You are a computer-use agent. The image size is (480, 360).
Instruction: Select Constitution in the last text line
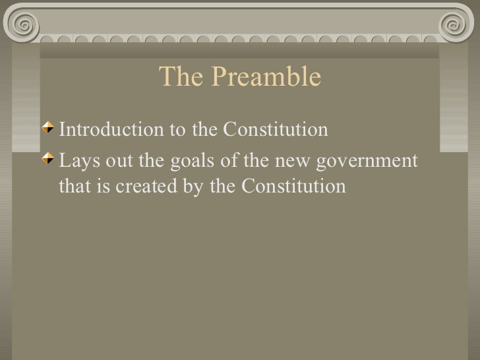pos(293,187)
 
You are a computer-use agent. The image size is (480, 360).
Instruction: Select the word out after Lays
pos(113,161)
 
